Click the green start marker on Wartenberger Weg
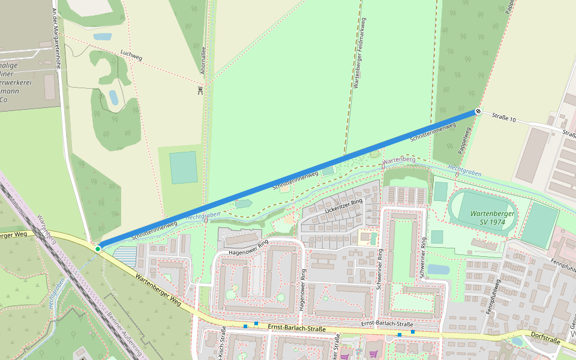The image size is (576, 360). pos(97,248)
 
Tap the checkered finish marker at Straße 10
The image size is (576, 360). pos(478,111)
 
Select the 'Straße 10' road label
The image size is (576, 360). pos(503,118)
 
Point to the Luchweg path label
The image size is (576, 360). pos(131,56)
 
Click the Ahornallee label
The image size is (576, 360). pos(203,60)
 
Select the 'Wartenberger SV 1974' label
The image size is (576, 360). pos(488,217)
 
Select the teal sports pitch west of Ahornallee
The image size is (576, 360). pos(183,167)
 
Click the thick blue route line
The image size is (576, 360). pos(288,179)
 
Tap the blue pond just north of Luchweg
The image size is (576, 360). pos(102,37)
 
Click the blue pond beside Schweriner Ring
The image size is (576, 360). pos(438,269)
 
